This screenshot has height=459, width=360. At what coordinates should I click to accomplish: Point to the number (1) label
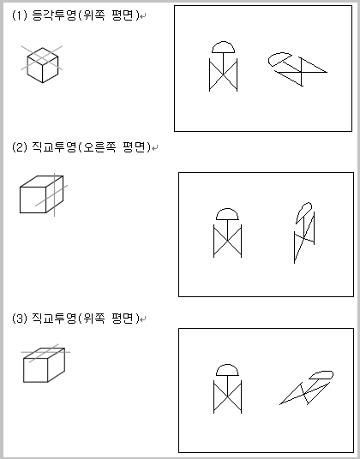[20, 15]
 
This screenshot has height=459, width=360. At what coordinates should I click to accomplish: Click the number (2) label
[20, 147]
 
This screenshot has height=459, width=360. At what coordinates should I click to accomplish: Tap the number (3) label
[20, 318]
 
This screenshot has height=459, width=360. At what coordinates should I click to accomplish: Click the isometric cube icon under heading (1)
[42, 64]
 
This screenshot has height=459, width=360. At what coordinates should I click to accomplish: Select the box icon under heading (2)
[44, 194]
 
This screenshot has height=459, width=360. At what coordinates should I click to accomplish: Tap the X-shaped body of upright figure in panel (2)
[228, 241]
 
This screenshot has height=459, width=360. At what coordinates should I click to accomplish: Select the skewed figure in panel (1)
[297, 69]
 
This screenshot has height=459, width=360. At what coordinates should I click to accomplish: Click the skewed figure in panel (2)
[304, 232]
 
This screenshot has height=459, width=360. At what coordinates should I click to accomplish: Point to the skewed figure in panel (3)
[307, 388]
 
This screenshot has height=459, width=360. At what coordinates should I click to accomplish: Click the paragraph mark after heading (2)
[155, 148]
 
